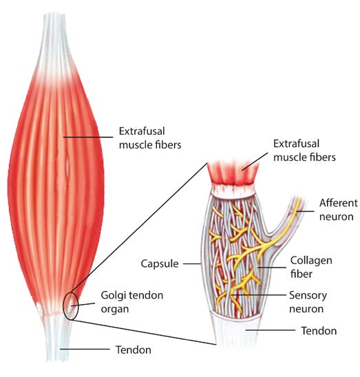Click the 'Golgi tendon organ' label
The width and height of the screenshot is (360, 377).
point(132,302)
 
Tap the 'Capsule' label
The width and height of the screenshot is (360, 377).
point(160,263)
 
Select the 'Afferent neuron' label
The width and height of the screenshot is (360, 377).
point(339,210)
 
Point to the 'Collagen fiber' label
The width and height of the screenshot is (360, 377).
point(311,267)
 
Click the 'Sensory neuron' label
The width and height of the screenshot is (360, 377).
point(308,302)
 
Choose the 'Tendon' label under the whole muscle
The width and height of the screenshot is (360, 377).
point(134,349)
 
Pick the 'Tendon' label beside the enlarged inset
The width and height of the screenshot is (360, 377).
point(319,331)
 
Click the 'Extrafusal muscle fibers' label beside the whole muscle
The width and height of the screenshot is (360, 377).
point(150,138)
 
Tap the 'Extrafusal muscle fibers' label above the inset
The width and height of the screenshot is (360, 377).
point(304,151)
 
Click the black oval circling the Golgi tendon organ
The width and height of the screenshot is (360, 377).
point(64,306)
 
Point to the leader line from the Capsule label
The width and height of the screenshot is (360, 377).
point(192,263)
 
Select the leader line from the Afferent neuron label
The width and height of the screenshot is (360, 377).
point(305,211)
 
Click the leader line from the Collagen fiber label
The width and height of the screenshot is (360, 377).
point(272,267)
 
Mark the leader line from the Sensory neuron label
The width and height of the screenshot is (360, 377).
point(257,294)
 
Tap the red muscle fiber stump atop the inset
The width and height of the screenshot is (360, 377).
point(233,173)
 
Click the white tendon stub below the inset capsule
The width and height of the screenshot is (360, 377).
point(237,333)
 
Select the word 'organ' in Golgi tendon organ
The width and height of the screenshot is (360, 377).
point(114,309)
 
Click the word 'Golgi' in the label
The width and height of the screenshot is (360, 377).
point(112,296)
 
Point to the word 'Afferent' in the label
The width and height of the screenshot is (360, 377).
point(339,203)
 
